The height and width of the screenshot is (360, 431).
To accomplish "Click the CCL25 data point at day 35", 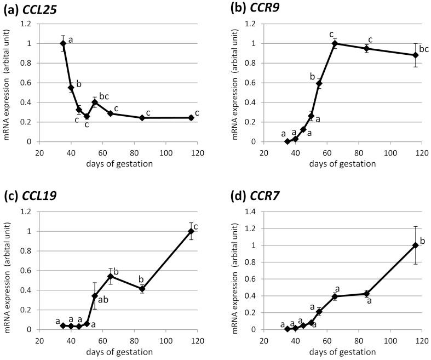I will click(63, 43).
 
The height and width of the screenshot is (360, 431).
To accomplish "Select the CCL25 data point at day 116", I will click(191, 118).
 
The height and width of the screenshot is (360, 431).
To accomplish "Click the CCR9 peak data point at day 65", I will click(335, 43).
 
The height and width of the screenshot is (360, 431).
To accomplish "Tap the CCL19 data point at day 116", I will click(191, 231).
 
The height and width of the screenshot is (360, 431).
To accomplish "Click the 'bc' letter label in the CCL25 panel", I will click(104, 96).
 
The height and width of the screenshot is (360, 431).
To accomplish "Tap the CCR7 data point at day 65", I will click(335, 296).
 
